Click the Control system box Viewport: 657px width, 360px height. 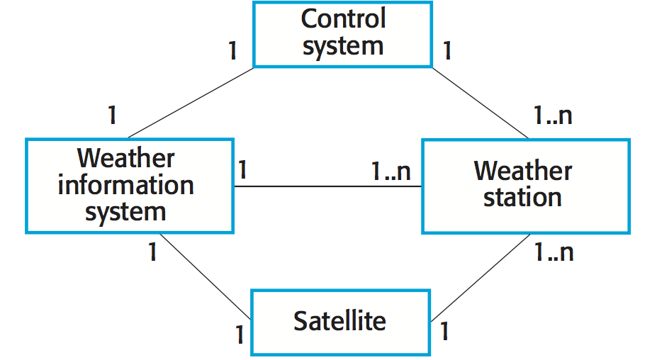pos(342,34)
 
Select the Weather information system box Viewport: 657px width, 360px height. pos(130,186)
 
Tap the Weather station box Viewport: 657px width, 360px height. pos(526,186)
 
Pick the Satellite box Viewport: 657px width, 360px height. pos(341,322)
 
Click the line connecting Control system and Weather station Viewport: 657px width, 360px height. pos(481,103)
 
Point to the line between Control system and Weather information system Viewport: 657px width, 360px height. pos(191,103)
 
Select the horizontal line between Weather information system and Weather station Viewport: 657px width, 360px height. pos(327,186)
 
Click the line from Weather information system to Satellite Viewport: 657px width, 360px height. pos(206,276)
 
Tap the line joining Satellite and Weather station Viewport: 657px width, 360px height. pos(481,277)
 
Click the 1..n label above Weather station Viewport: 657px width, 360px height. pos(553,116)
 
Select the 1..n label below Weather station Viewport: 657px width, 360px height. pos(554,253)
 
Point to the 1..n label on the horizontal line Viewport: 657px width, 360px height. pos(391,171)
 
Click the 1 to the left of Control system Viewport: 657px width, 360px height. pos(233,51)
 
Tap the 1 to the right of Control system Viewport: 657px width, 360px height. pos(447,51)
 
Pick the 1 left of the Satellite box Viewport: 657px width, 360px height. pos(240,334)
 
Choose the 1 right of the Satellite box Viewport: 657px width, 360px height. pos(444,331)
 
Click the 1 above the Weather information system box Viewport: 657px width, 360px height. pos(112,115)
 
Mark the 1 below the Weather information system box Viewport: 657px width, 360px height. pos(153,252)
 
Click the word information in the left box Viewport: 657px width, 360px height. pos(125,185)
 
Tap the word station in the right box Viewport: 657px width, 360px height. pos(522,198)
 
